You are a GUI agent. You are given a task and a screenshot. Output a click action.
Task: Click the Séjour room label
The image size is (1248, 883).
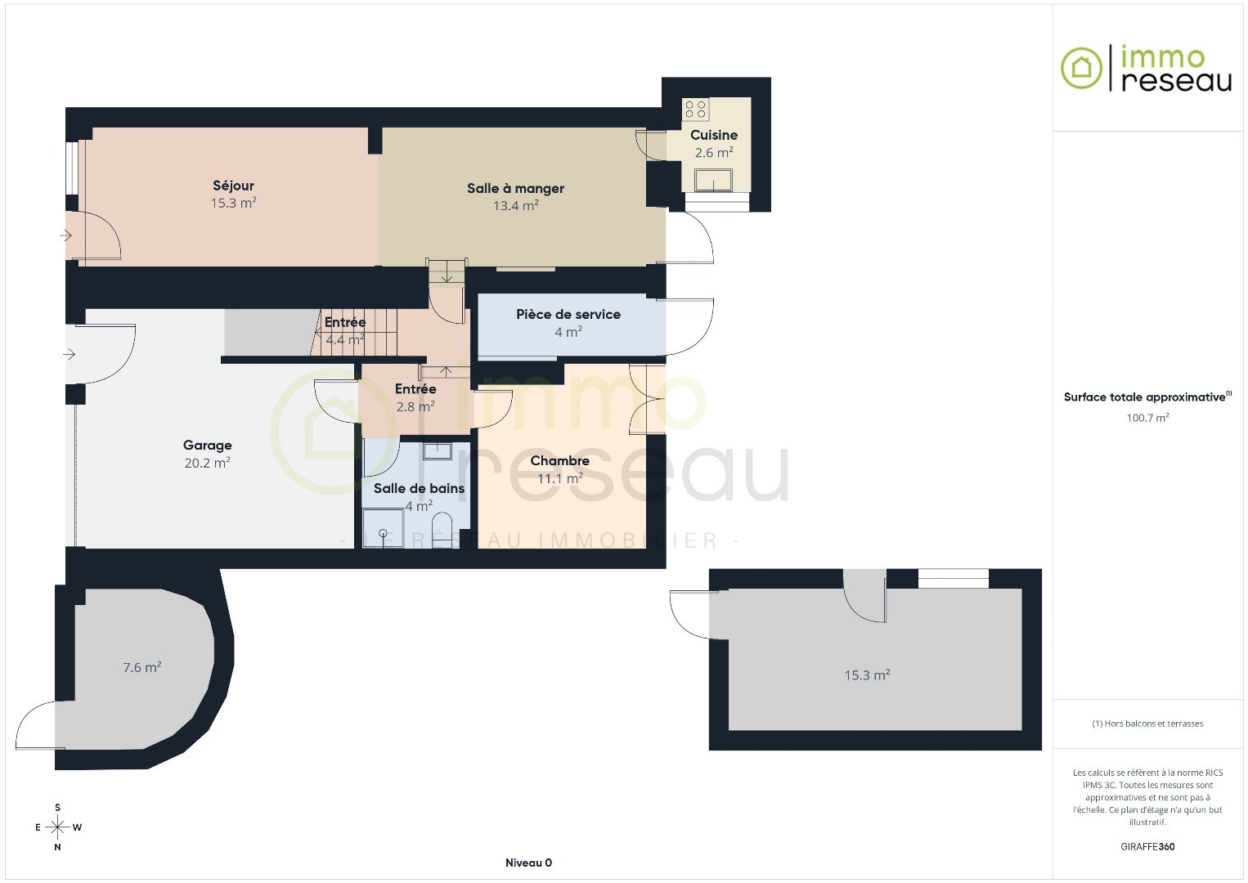[x=233, y=186]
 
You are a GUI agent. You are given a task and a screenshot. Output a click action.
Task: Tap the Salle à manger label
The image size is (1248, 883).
[x=515, y=188]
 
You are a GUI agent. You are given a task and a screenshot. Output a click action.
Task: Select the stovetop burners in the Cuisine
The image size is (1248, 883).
[x=695, y=110]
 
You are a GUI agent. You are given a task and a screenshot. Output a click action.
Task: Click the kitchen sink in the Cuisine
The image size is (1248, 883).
[x=713, y=180]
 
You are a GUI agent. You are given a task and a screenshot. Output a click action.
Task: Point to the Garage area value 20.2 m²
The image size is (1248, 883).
[x=207, y=463]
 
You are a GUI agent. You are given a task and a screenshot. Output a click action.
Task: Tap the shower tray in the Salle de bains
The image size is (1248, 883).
[x=383, y=528]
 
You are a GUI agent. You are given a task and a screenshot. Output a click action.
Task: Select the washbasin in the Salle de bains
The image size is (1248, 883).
[x=438, y=450]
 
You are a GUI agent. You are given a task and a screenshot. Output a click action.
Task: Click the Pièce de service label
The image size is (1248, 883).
[x=568, y=314]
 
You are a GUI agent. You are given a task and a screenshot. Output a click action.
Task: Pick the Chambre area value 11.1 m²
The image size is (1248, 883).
[x=560, y=478]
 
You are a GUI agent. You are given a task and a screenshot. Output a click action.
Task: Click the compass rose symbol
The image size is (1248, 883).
[x=57, y=827]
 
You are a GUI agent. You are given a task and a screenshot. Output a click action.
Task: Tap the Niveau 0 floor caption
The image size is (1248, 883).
[x=528, y=863]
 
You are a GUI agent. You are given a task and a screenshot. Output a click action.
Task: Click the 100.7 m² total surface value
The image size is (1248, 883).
[x=1147, y=417]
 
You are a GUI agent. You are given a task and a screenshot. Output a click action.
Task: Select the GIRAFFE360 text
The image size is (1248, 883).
[x=1147, y=846]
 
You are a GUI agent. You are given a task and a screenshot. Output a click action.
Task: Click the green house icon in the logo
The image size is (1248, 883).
[x=1081, y=68]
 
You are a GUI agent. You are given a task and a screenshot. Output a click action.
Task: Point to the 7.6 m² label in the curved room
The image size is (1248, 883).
[x=142, y=667]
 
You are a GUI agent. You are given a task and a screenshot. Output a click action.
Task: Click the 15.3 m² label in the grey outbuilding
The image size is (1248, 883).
[x=867, y=675]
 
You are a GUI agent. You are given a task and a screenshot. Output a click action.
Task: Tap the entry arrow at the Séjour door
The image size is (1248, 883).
[x=65, y=235]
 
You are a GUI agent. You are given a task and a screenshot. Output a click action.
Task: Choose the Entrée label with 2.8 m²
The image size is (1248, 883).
[x=415, y=389]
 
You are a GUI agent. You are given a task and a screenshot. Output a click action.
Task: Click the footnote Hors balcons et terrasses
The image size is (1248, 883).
[x=1147, y=723]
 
